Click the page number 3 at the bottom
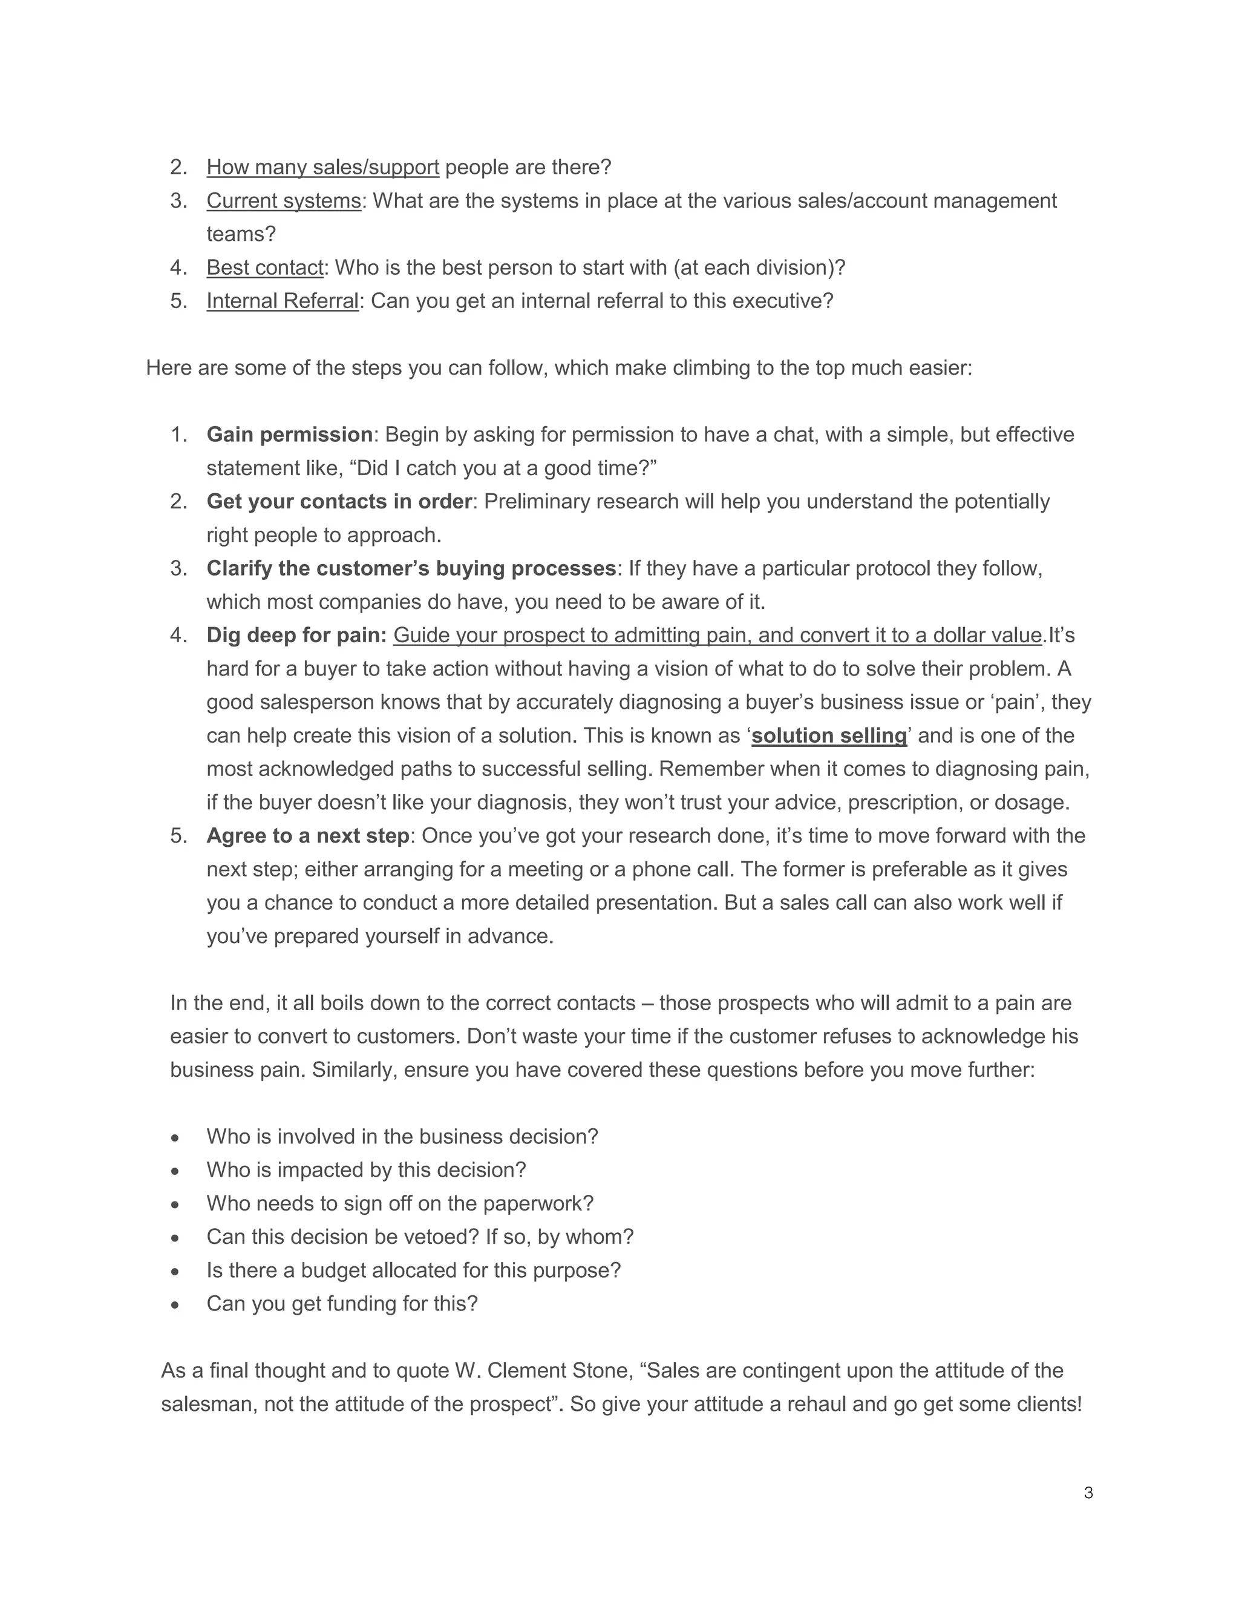point(1088,1493)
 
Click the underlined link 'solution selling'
point(829,735)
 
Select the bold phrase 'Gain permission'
point(289,434)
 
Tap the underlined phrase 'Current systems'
point(283,200)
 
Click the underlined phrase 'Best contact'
point(264,268)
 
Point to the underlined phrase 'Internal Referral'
point(283,300)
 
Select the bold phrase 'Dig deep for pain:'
point(296,634)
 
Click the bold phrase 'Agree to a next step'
point(307,835)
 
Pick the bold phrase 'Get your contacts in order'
point(338,501)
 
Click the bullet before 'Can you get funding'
point(175,1304)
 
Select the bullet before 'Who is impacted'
point(175,1171)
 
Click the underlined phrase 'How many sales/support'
point(322,166)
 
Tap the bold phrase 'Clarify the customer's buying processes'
point(411,568)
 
